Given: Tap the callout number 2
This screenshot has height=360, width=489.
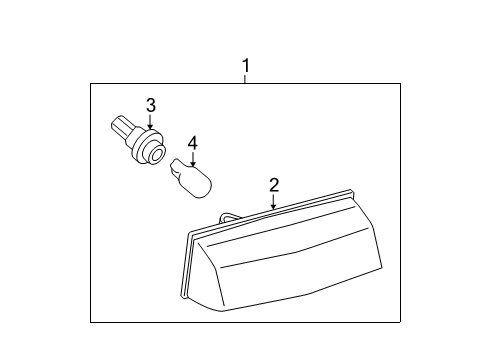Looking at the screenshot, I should pos(273,185).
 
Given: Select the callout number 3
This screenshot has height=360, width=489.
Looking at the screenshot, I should pos(151,105).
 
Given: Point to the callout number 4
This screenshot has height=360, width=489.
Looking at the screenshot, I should pos(192,143).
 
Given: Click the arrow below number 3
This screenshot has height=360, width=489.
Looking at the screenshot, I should pos(151,122).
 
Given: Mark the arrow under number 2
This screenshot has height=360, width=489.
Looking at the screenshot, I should pos(273,201).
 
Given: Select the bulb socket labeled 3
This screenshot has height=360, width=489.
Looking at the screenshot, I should pos(139,141).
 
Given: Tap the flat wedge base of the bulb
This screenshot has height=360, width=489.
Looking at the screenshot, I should pos(179,165).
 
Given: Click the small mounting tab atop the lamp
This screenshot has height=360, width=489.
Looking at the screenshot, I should pos(228,216).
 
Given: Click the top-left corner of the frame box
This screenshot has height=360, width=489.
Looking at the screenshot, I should pos(90,83).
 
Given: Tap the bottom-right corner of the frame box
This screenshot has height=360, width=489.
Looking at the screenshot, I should pos(400,321).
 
